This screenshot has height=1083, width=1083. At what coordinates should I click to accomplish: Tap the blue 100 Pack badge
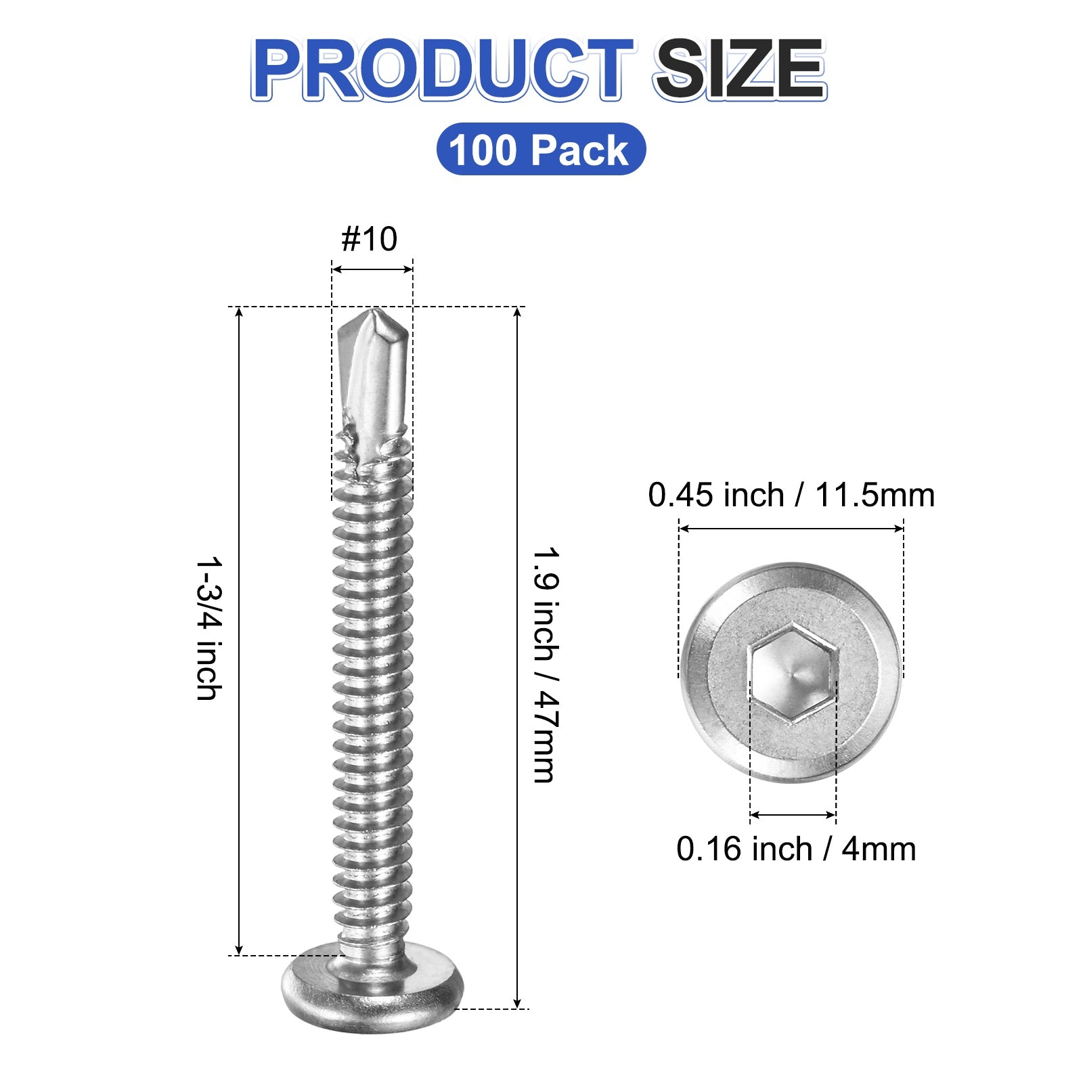click(541, 149)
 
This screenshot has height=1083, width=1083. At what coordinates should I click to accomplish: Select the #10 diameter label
click(369, 239)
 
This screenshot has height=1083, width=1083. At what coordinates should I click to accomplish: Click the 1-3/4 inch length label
click(208, 628)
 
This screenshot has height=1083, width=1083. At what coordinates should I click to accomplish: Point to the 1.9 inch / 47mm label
click(546, 665)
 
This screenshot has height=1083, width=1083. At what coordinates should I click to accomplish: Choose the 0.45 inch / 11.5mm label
click(791, 495)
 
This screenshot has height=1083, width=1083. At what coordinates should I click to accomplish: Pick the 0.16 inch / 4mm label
click(796, 849)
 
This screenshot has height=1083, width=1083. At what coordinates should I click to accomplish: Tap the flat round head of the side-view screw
click(373, 988)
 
